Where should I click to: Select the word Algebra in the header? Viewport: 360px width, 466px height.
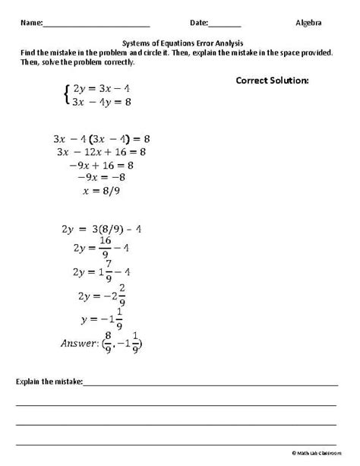pos(308,24)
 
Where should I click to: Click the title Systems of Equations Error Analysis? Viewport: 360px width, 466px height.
pos(180,43)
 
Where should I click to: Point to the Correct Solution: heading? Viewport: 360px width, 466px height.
pos(272,79)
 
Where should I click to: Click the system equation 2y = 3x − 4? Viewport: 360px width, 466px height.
pos(99,89)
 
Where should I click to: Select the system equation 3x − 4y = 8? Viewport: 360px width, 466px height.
pos(99,103)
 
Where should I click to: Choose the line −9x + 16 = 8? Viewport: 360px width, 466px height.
pos(96,164)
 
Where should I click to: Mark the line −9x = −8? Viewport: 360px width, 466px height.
pos(97,177)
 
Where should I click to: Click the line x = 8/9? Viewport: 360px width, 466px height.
pos(96,190)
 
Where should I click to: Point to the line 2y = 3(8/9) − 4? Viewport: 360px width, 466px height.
pos(97,227)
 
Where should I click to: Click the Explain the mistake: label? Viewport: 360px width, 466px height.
pos(49,380)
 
